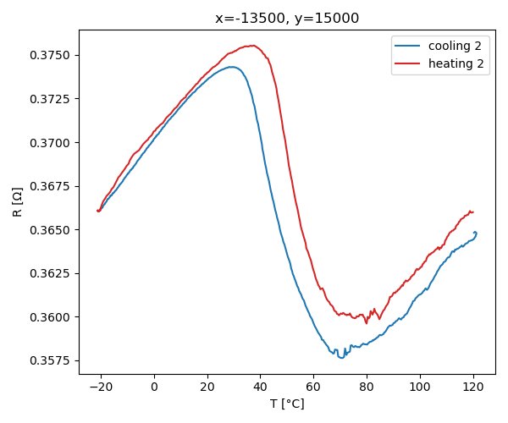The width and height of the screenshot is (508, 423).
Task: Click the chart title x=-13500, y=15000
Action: point(287,19)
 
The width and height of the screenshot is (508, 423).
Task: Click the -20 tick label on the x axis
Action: point(101,387)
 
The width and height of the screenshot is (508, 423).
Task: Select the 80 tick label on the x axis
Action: point(367,387)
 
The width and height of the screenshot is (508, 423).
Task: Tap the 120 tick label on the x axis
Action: point(472,387)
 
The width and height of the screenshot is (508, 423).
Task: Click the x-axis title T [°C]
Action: point(287,404)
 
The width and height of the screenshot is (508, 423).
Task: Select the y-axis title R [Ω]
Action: point(17,202)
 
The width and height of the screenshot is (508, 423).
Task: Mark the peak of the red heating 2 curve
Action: point(253,46)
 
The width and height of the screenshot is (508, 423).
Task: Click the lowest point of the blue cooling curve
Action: point(341,358)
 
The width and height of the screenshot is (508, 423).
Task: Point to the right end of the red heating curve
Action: point(473,211)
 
